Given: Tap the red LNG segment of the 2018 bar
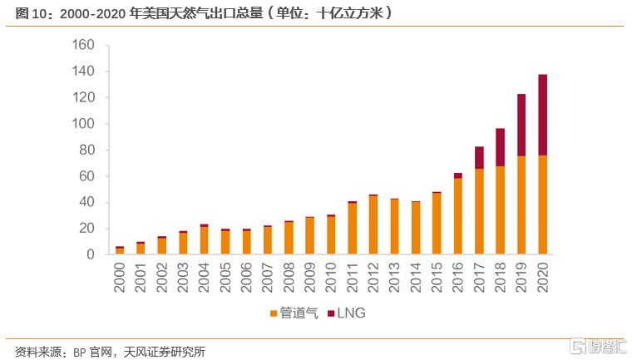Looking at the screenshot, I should click(501, 147).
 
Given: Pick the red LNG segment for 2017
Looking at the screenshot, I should click(480, 157).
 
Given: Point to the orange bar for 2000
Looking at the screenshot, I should click(120, 250).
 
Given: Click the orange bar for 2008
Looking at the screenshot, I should click(289, 238).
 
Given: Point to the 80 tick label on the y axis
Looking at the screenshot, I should click(88, 150).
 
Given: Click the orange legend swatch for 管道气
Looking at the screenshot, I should click(274, 313).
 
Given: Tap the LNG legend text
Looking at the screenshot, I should click(353, 313).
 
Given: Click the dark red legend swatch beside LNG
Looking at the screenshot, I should click(332, 313).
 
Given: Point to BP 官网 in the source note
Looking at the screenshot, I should click(103, 351).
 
